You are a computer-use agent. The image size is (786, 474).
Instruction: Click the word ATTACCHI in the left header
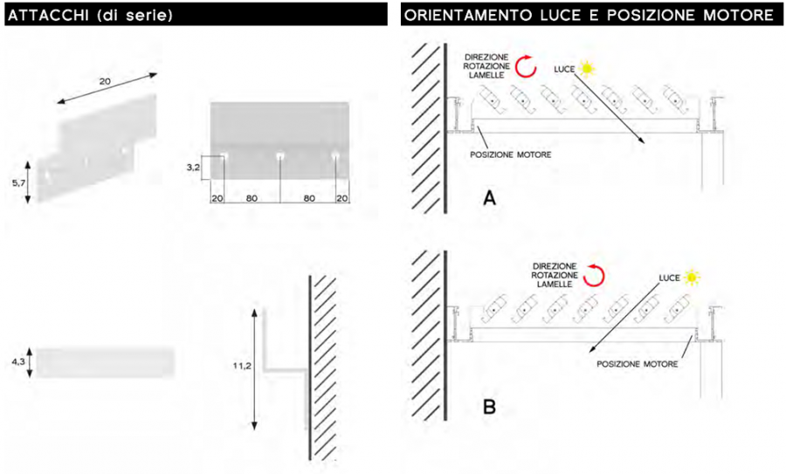[49, 15]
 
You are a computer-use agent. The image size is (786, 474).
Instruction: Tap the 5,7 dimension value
[18, 183]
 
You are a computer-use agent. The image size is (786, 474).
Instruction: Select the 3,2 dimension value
[193, 168]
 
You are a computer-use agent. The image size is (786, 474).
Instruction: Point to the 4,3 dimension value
[18, 361]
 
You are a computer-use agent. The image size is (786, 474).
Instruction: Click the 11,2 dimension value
[242, 367]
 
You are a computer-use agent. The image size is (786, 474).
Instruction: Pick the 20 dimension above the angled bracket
[105, 80]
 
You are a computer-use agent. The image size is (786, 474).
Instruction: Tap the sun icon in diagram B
[692, 277]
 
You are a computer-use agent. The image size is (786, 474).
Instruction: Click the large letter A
[489, 198]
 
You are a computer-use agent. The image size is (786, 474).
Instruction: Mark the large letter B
[489, 407]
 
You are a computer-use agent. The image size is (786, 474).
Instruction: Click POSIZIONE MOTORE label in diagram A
[510, 155]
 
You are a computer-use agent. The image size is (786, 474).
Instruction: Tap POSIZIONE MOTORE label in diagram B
[638, 364]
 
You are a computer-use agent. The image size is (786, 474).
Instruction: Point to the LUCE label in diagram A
[564, 69]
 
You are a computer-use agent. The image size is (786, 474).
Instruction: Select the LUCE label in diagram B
[669, 278]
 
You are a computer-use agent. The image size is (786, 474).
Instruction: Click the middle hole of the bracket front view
[280, 156]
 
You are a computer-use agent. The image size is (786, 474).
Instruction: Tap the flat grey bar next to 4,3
[105, 361]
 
